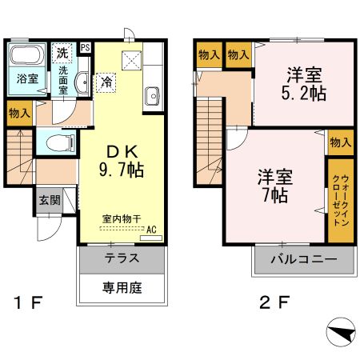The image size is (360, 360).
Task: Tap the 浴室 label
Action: pyautogui.click(x=27, y=79)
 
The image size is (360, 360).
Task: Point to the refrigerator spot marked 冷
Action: pyautogui.click(x=107, y=81)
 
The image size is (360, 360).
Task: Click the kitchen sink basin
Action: pyautogui.click(x=153, y=98)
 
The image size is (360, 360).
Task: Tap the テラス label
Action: pyautogui.click(x=122, y=258)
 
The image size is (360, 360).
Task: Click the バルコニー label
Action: pyautogui.click(x=302, y=259)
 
